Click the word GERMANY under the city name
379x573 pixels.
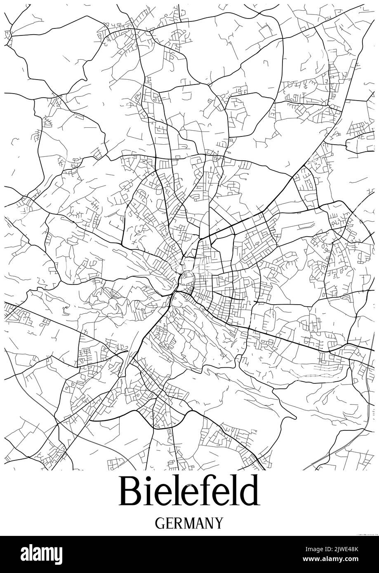189,524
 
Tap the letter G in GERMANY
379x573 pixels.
160,524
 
